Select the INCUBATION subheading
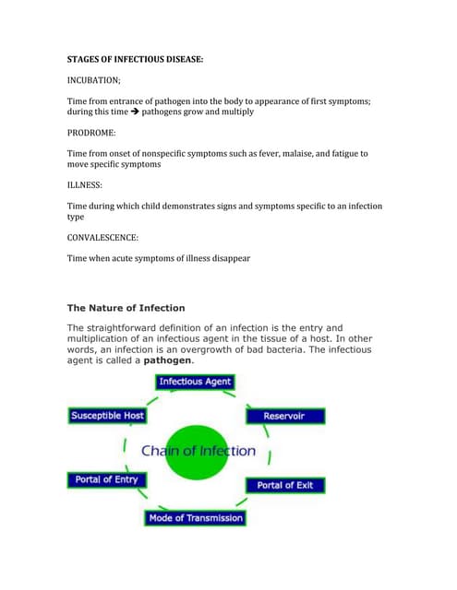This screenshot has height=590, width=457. click(x=94, y=80)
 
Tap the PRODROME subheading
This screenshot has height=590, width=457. click(x=92, y=133)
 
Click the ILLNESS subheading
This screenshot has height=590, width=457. click(x=85, y=184)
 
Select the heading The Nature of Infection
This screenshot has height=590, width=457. click(x=126, y=308)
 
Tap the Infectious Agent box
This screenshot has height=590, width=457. click(x=195, y=382)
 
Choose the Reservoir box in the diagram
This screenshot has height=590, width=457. click(x=283, y=416)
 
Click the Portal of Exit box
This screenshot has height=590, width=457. click(x=285, y=485)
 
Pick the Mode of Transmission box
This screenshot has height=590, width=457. click(x=195, y=517)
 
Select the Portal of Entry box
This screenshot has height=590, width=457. click(x=105, y=480)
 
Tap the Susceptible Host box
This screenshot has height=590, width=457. click(x=107, y=416)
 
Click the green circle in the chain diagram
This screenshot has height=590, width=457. click(x=198, y=452)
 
